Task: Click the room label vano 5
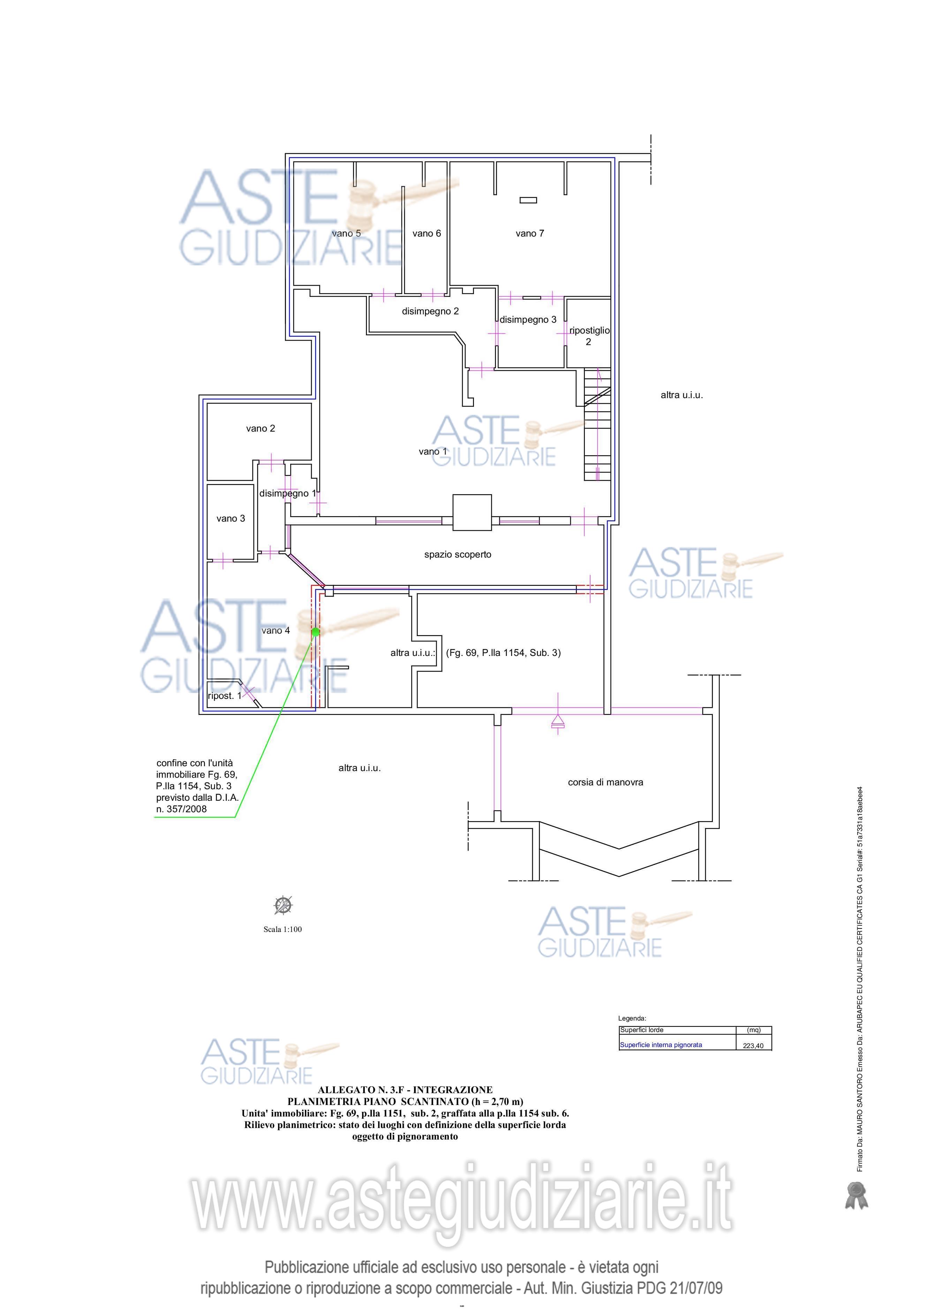coord(346,233)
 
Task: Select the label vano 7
coord(530,233)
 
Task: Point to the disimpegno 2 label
coord(430,311)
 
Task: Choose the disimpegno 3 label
coord(528,320)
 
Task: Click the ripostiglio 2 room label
coord(589,336)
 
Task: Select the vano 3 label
coord(231,518)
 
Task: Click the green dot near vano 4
coord(315,632)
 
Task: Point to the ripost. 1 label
coord(224,696)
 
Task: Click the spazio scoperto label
coord(458,554)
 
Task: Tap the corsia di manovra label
coord(605,782)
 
